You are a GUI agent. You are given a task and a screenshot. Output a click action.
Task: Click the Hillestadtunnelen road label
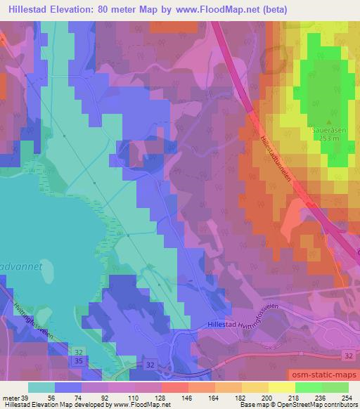click(274, 155)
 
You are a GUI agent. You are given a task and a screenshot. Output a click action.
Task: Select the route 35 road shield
click(78, 361)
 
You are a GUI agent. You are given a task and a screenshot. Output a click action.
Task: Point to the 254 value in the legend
click(347, 397)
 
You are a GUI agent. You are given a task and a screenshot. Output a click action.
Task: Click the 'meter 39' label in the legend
click(15, 397)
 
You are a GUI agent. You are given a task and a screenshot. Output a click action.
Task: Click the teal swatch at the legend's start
click(41, 387)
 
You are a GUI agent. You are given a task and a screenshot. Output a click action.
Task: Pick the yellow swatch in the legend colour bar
click(281, 387)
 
